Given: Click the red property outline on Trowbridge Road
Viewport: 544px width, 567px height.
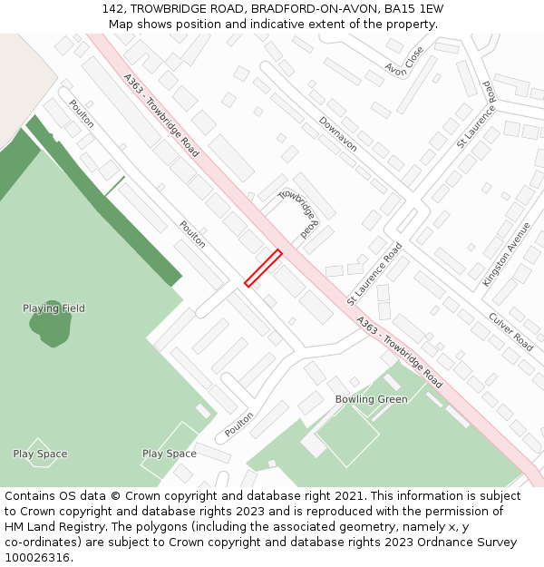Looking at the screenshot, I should pyautogui.click(x=263, y=269).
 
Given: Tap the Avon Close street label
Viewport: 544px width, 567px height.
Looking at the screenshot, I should pyautogui.click(x=403, y=61).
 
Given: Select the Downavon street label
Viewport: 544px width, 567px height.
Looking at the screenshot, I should pyautogui.click(x=337, y=133).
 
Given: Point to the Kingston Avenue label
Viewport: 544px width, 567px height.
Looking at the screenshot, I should pyautogui.click(x=506, y=255).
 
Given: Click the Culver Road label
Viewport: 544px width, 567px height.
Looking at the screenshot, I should pyautogui.click(x=510, y=331).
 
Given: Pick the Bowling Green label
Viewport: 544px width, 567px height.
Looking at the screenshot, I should pyautogui.click(x=371, y=399).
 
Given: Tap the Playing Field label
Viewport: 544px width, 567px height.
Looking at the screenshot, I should pyautogui.click(x=53, y=308).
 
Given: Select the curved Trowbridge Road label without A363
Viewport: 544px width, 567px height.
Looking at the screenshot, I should pyautogui.click(x=300, y=211).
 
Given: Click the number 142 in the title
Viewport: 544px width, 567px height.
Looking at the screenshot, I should pyautogui.click(x=113, y=9).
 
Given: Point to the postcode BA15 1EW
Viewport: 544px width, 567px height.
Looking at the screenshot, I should pyautogui.click(x=413, y=9).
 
